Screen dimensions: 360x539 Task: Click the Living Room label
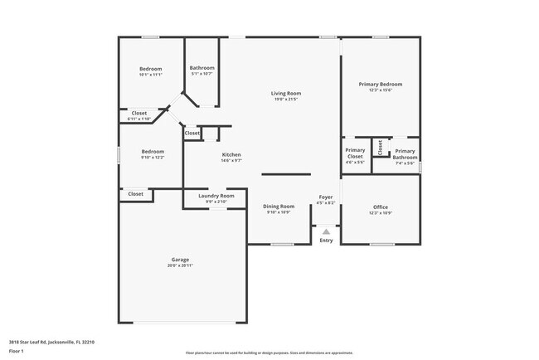(x=285, y=94)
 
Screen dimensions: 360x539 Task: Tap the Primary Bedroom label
(x=380, y=84)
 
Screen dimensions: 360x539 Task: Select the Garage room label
(x=180, y=259)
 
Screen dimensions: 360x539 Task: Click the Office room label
(x=380, y=207)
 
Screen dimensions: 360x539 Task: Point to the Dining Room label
(x=279, y=206)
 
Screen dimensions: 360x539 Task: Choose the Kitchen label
(x=231, y=155)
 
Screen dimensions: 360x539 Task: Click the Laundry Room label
(x=216, y=196)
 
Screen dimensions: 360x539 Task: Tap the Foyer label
(x=326, y=197)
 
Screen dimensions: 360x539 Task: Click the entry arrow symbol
(x=326, y=231)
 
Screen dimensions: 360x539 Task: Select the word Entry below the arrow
(x=326, y=241)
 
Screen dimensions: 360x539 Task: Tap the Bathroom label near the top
(x=202, y=67)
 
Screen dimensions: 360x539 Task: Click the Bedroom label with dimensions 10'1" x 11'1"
(x=150, y=69)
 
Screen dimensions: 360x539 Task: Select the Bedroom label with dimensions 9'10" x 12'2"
(x=152, y=151)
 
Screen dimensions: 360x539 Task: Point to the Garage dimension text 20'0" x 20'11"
(x=180, y=265)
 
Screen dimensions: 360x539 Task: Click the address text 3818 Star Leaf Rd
(x=51, y=341)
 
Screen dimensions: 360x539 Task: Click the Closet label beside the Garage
(x=135, y=193)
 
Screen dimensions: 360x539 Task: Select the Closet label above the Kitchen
(x=192, y=133)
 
